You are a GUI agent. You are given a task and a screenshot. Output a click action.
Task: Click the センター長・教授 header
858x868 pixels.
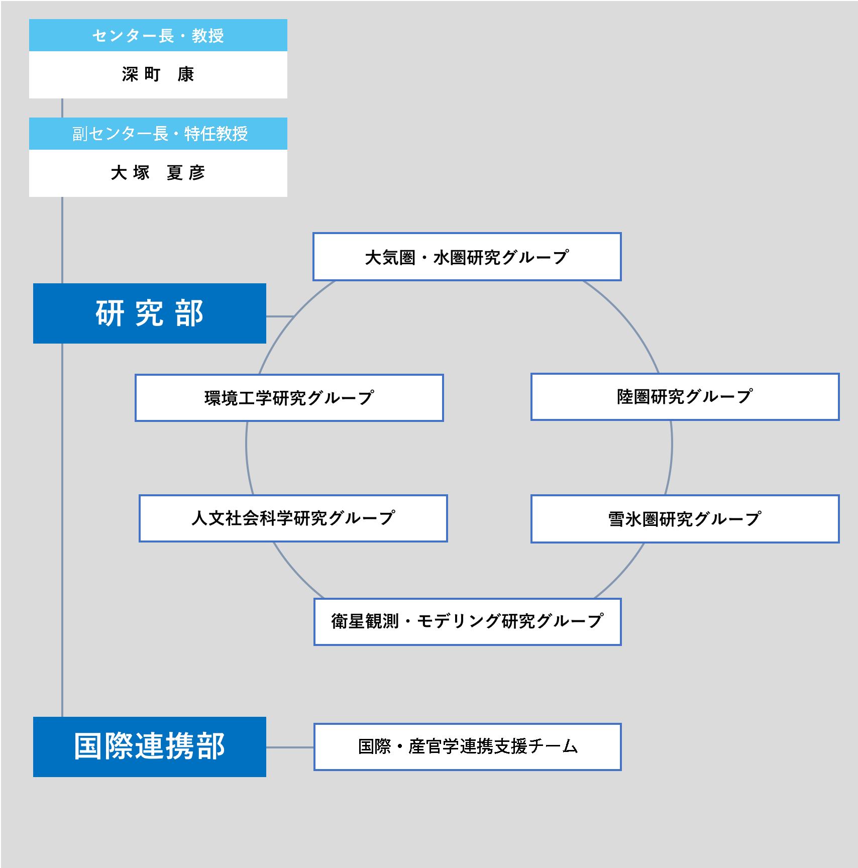pos(158,35)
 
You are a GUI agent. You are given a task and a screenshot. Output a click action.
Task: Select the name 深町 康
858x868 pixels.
pos(158,74)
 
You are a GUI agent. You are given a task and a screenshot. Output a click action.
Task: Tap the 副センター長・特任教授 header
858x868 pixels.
pos(158,134)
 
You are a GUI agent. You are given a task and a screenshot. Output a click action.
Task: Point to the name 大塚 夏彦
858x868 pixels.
pos(158,173)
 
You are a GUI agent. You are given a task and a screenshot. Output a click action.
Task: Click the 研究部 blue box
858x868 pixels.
pos(150,313)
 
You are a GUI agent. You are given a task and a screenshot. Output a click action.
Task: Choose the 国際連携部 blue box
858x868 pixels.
pos(150,747)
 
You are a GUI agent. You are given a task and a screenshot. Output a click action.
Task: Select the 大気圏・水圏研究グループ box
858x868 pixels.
pos(467,257)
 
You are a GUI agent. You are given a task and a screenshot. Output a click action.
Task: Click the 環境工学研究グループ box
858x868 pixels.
pos(289,398)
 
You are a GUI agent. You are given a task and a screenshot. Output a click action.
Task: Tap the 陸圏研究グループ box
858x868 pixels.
pos(685,397)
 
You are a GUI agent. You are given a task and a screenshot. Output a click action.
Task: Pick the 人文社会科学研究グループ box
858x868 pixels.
pos(293,518)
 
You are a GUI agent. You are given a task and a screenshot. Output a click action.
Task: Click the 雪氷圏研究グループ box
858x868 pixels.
pos(685,519)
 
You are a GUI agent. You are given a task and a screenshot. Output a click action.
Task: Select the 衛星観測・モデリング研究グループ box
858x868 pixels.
pos(468,622)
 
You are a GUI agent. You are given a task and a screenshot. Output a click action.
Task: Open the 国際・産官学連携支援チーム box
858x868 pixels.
pos(468,747)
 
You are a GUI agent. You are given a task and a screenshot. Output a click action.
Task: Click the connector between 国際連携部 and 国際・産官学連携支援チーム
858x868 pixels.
pos(290,747)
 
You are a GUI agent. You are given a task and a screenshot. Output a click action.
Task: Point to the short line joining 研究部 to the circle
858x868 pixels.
pos(280,316)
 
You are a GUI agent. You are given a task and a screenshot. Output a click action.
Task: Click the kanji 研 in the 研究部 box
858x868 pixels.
pos(110,313)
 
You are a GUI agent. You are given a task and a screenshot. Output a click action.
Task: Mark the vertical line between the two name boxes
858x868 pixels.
pos(62,108)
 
